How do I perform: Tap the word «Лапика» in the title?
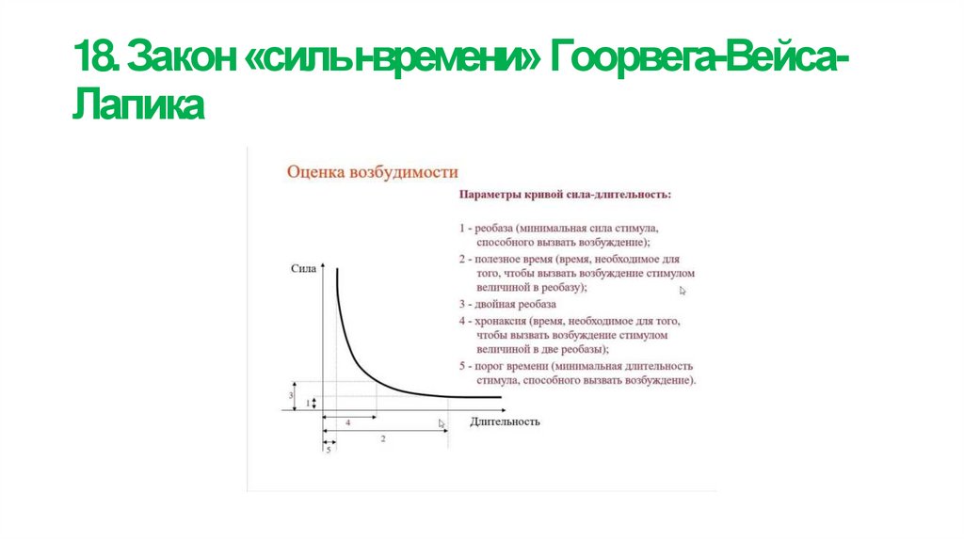pos(137,104)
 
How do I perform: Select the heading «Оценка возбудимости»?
pos(372,172)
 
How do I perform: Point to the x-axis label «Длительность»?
pos(505,421)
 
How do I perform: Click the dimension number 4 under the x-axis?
pos(347,423)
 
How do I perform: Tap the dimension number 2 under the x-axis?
pos(382,439)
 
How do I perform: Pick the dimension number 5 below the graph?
pos(328,450)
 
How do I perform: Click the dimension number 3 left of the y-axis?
pos(290,396)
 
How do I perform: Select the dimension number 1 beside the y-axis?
pos(306,403)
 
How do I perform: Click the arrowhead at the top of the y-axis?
pos(323,269)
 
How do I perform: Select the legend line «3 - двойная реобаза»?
pos(507,304)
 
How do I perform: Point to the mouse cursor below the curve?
pos(442,424)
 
